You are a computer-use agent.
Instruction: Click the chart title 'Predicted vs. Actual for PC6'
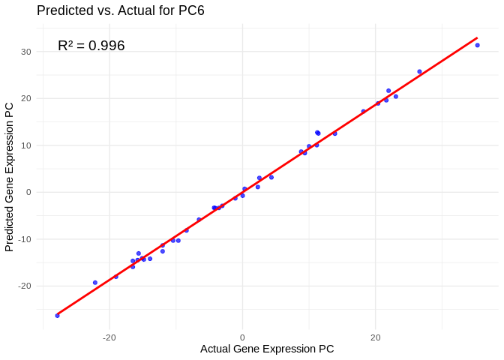pyautogui.click(x=120, y=10)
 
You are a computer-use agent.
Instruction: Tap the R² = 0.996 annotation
pyautogui.click(x=91, y=46)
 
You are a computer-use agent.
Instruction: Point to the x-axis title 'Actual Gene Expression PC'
pyautogui.click(x=267, y=349)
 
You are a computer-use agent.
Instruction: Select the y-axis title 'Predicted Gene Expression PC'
pyautogui.click(x=10, y=177)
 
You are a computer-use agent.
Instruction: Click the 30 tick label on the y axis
pyautogui.click(x=26, y=52)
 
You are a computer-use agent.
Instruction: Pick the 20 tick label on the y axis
pyautogui.click(x=26, y=98)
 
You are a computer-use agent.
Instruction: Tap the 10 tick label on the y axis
pyautogui.click(x=26, y=145)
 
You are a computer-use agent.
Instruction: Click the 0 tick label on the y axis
pyautogui.click(x=28, y=192)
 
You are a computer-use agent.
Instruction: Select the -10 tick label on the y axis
pyautogui.click(x=25, y=239)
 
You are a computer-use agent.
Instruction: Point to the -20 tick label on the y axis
pyautogui.click(x=25, y=286)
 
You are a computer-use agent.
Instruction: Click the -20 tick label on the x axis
pyautogui.click(x=109, y=337)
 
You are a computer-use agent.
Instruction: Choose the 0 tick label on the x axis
pyautogui.click(x=242, y=337)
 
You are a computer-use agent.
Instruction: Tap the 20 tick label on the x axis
pyautogui.click(x=376, y=337)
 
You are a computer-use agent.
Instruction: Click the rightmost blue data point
pyautogui.click(x=477, y=45)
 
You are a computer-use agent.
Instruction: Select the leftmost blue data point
pyautogui.click(x=57, y=316)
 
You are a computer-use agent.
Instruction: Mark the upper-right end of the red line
pyautogui.click(x=477, y=37)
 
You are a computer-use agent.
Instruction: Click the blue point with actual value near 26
pyautogui.click(x=419, y=72)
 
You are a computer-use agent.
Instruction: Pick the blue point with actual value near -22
pyautogui.click(x=95, y=283)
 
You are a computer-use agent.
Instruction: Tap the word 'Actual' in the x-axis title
pyautogui.click(x=217, y=349)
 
